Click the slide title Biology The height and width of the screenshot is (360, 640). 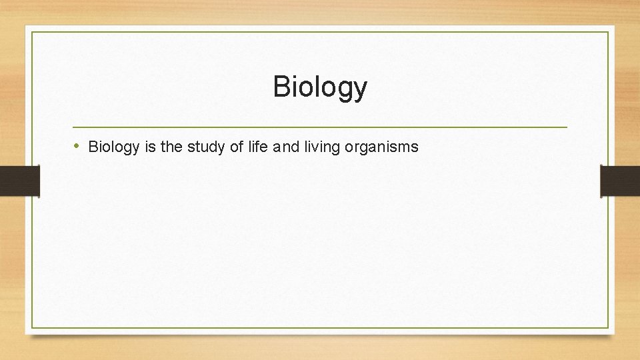(320, 87)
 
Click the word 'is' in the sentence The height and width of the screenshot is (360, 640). (148, 147)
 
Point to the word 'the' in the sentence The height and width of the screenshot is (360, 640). (171, 147)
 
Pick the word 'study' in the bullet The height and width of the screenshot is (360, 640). (206, 147)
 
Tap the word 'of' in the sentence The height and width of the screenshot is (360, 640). (237, 147)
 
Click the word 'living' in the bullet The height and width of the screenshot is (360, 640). (321, 147)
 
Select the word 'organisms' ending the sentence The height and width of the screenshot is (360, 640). (381, 147)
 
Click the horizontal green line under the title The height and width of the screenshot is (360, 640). (320, 127)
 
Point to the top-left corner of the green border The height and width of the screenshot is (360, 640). (32, 32)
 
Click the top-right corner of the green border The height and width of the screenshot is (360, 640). (609, 32)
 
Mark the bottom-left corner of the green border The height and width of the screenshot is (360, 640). (32, 327)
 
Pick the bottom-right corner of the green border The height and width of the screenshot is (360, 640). (609, 327)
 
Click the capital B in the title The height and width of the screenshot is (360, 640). (281, 87)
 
